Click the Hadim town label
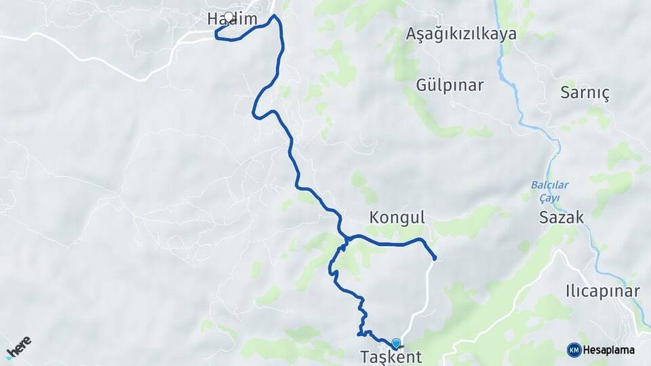click(x=233, y=20)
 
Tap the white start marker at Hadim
click(x=229, y=18)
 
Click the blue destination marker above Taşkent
click(x=395, y=344)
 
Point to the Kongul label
click(x=397, y=218)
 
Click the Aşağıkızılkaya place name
click(x=461, y=35)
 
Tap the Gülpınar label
click(x=450, y=85)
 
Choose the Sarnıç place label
click(x=585, y=94)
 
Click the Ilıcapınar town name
click(x=603, y=291)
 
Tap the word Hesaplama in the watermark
click(x=610, y=350)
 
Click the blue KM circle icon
click(x=574, y=350)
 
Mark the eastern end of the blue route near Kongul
click(x=434, y=258)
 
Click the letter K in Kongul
click(x=374, y=218)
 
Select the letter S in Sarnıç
click(x=565, y=94)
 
